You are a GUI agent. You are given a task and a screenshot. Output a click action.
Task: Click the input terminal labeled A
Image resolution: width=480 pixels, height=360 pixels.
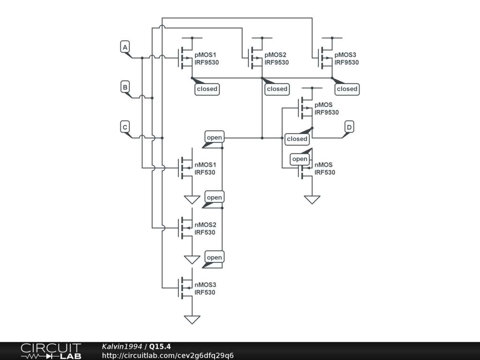(x=125, y=47)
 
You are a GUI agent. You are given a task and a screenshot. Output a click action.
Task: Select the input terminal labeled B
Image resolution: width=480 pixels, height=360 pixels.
(x=125, y=87)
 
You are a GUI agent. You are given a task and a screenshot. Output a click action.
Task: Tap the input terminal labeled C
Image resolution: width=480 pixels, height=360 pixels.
(x=125, y=127)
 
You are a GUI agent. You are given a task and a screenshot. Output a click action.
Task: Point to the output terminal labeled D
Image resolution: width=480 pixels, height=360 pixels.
(x=349, y=127)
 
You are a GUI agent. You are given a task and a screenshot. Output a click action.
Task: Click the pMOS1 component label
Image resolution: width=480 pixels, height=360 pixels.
(x=205, y=55)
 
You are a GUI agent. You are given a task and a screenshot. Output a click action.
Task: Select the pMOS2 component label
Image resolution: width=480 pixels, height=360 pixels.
(x=275, y=55)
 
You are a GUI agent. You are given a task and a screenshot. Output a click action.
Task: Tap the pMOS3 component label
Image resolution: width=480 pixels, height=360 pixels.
(x=345, y=55)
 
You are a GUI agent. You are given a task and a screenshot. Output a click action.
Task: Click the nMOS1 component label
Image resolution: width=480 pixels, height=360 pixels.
(x=205, y=165)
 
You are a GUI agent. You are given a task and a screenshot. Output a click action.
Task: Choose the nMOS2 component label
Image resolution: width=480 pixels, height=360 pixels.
(x=205, y=225)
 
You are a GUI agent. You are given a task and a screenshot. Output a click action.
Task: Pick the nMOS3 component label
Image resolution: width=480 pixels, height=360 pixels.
(x=205, y=285)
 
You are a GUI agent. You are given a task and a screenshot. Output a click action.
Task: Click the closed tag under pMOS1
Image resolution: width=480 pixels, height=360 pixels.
(x=207, y=89)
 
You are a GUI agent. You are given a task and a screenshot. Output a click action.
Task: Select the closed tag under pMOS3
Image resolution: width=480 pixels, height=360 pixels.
(x=347, y=89)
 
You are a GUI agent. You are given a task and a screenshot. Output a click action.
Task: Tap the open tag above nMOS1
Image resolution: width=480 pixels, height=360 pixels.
(x=214, y=137)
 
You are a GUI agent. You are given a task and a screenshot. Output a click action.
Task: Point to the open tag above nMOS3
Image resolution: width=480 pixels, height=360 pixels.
(x=214, y=257)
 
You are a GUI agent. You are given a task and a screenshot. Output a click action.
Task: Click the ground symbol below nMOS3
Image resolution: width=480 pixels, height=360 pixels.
(x=192, y=320)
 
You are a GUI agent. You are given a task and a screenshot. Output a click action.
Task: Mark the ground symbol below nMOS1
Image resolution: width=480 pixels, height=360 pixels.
(x=192, y=200)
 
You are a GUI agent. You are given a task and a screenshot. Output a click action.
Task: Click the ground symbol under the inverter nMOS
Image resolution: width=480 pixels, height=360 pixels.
(x=312, y=200)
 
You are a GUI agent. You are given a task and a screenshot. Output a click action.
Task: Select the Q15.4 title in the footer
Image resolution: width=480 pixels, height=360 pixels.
(x=160, y=346)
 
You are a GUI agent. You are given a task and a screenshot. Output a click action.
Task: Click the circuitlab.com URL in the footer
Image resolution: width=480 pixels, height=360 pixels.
(x=168, y=355)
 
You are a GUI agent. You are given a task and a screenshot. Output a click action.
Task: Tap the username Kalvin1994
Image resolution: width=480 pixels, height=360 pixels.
(x=122, y=346)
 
